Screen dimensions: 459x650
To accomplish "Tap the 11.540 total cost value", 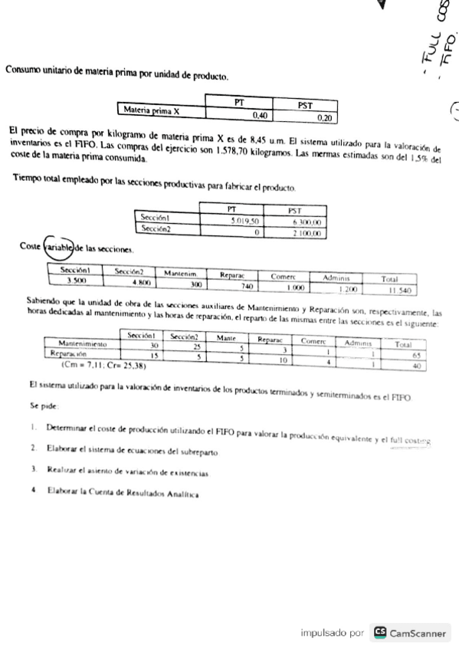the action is [x=399, y=291].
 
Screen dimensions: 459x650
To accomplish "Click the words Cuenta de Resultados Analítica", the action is [x=152, y=492].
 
